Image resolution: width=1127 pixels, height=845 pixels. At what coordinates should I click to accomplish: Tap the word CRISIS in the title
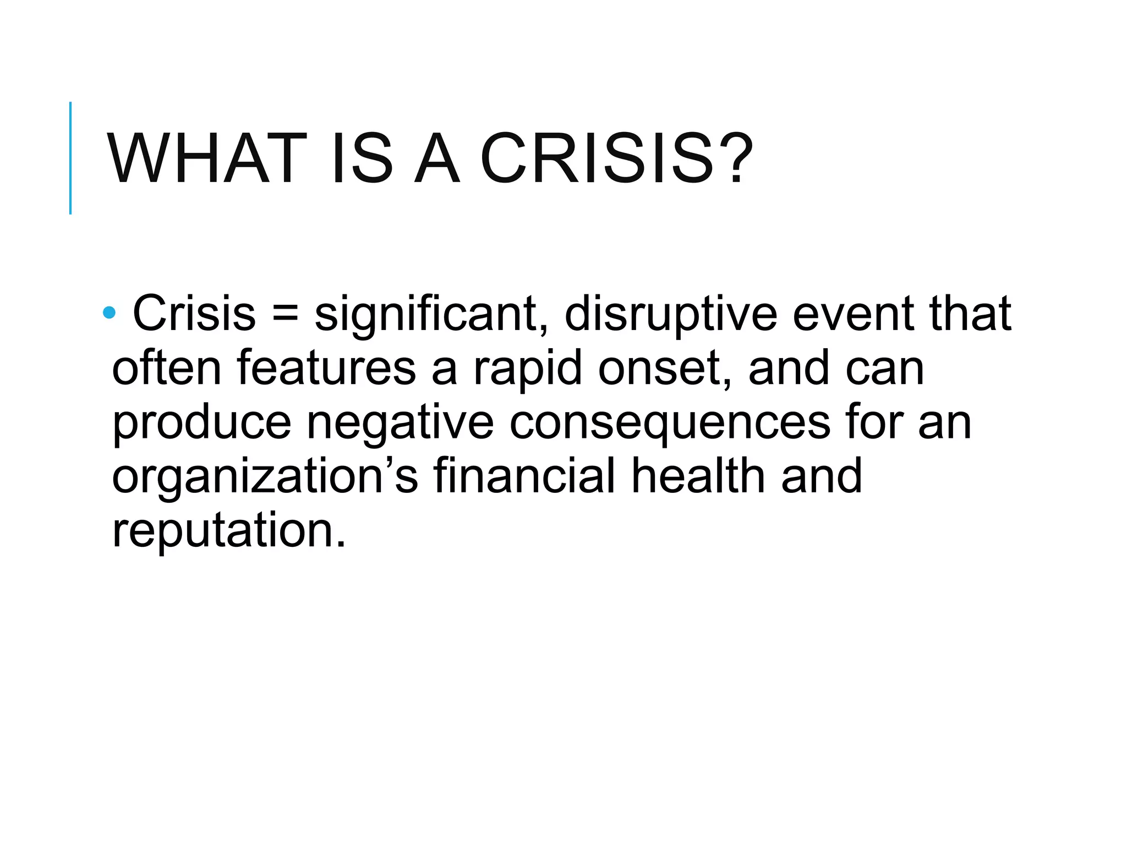tap(597, 158)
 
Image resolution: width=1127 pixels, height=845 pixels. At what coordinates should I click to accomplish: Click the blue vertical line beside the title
tap(70, 158)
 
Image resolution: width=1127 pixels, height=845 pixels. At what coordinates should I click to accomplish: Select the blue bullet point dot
tap(109, 312)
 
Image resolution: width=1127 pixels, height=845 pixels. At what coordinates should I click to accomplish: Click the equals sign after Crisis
tap(285, 315)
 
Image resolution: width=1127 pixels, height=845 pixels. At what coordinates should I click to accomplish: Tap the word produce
tap(201, 424)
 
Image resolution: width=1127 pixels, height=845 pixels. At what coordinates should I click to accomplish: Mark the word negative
tap(400, 424)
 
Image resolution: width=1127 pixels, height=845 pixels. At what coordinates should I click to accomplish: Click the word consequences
tap(670, 424)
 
